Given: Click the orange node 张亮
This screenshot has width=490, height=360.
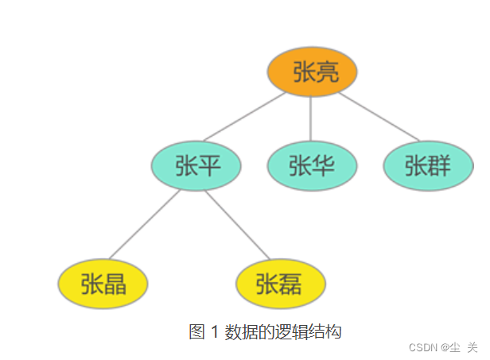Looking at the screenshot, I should point(311,72).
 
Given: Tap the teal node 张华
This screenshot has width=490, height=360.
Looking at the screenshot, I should point(311,166).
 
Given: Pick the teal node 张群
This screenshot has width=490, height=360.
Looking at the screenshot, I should point(428,166).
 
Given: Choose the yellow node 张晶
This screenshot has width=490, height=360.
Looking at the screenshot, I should point(103,283).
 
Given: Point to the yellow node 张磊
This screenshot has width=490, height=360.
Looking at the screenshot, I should point(280,283).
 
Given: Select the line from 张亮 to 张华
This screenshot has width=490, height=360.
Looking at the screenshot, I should point(311,119).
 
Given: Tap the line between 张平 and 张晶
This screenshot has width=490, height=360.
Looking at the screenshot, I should point(143,225).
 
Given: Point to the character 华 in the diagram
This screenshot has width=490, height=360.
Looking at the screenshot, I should point(323,166).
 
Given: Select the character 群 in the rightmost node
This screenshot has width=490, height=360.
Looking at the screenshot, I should point(439,166).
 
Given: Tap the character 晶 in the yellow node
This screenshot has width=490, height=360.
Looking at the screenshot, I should point(115,283).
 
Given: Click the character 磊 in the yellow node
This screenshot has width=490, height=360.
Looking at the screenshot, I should point(291,283).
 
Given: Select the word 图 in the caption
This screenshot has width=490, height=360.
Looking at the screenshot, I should point(197,332).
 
